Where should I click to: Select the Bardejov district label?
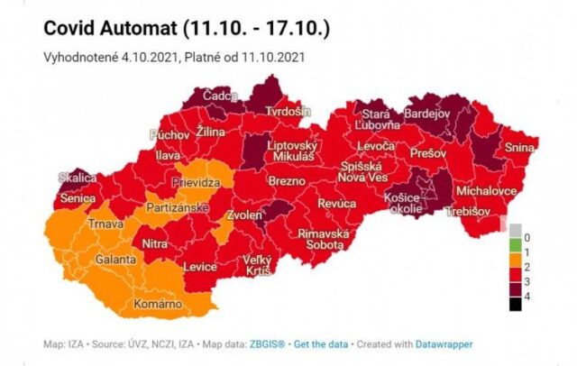click(x=426, y=114)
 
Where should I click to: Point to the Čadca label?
click(x=220, y=96)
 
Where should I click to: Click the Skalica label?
click(x=78, y=178)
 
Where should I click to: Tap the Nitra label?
click(x=154, y=242)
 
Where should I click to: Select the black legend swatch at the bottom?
click(x=515, y=304)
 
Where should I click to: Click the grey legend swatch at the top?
click(x=515, y=230)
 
